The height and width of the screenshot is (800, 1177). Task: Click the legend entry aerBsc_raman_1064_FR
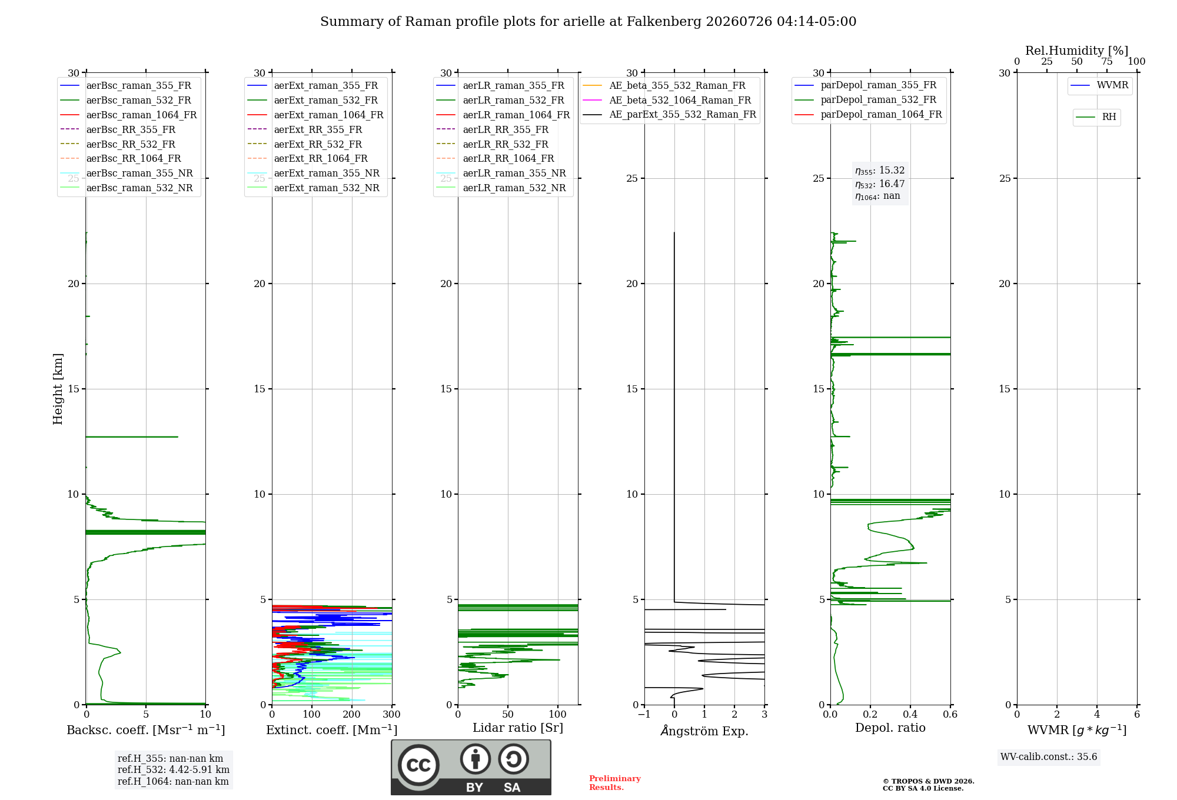pyautogui.click(x=128, y=115)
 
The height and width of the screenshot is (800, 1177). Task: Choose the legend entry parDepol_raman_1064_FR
pyautogui.click(x=868, y=114)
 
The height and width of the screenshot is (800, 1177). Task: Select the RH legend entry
pyautogui.click(x=1096, y=117)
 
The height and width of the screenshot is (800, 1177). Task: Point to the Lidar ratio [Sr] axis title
pyautogui.click(x=518, y=728)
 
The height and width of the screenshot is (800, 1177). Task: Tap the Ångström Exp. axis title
pyautogui.click(x=704, y=731)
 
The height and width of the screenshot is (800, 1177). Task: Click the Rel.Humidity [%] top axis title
pyautogui.click(x=1077, y=51)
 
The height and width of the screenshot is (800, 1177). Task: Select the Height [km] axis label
pyautogui.click(x=58, y=389)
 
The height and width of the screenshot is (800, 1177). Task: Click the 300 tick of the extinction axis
pyautogui.click(x=392, y=714)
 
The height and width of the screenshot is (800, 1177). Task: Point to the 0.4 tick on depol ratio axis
pyautogui.click(x=910, y=714)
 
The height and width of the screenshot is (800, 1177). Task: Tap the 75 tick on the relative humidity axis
pyautogui.click(x=1107, y=62)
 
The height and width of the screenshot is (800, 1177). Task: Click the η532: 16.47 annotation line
pyautogui.click(x=880, y=184)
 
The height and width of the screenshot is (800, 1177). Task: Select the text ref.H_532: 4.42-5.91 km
pyautogui.click(x=174, y=769)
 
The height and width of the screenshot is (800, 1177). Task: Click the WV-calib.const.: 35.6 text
pyautogui.click(x=1049, y=756)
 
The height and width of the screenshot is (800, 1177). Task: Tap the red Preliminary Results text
pyautogui.click(x=615, y=783)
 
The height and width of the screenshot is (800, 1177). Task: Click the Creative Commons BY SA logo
pyautogui.click(x=471, y=767)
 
